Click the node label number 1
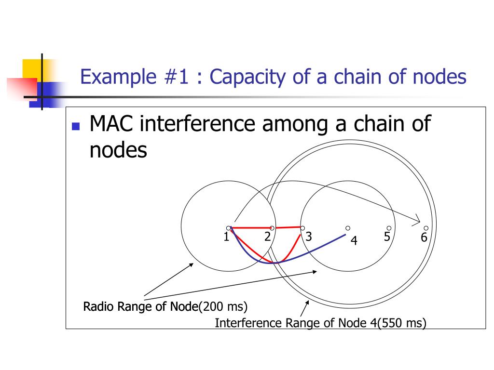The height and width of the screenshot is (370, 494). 226,237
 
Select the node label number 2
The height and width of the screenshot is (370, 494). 267,237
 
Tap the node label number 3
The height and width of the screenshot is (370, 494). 309,237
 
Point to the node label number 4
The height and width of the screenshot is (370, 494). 354,241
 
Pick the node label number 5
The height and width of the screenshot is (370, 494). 387,237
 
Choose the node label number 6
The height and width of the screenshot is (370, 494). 424,238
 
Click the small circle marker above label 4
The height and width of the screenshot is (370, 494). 347,228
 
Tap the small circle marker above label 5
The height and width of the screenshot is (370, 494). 388,228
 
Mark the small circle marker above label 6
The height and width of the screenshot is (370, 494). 426,228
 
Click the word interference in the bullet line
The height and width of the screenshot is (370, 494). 196,125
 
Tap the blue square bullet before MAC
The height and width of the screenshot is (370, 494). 75,127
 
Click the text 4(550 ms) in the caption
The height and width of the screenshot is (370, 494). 398,323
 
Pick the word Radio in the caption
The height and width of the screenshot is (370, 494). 97,306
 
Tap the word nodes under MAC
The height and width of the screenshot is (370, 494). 118,150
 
